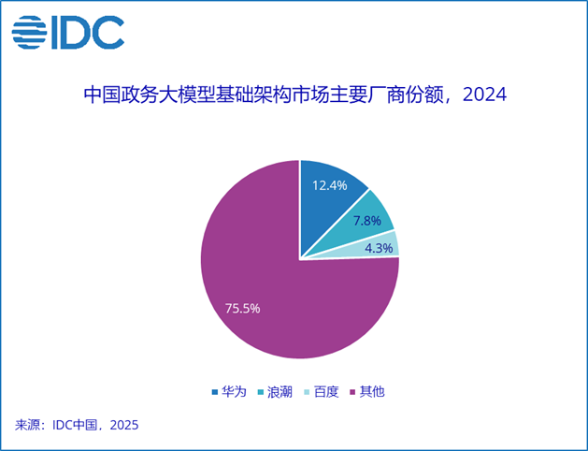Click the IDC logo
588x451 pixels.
pos(68,32)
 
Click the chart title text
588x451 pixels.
pos(294,95)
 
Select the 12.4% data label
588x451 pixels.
pos(330,185)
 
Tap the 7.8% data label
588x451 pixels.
pos(367,221)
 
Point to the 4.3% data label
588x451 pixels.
pos(379,248)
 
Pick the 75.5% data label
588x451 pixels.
pos(242,309)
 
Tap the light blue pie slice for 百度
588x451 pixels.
pos(375,247)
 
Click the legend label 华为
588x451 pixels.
pos(234,392)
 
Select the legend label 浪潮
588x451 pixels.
pos(280,392)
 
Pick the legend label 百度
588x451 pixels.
pos(326,392)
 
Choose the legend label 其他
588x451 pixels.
pos(372,392)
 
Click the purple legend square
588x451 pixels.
pos(352,392)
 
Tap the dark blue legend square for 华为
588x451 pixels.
pos(215,392)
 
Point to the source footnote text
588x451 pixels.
pos(77,425)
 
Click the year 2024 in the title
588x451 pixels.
pos(484,95)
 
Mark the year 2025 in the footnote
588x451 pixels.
pos(124,425)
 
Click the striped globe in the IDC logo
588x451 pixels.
pos(29,32)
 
